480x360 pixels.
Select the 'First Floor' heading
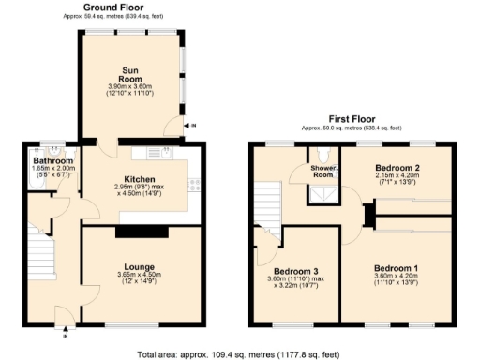click(351, 120)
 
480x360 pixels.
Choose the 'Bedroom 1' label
click(395, 268)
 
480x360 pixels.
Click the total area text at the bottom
click(238, 354)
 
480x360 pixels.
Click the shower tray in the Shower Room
click(325, 196)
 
